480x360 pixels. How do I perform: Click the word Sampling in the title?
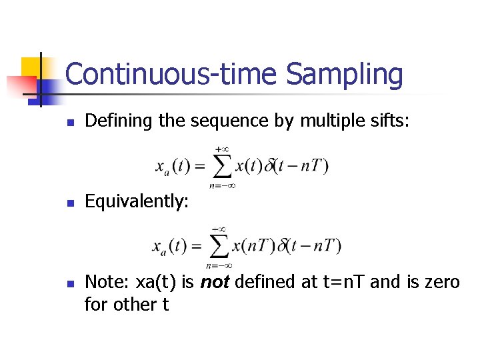pyautogui.click(x=345, y=75)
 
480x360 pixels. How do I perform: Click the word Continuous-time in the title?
pyautogui.click(x=173, y=75)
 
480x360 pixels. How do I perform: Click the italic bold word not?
pyautogui.click(x=215, y=282)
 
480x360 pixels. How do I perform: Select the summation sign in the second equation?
pyautogui.click(x=218, y=247)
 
